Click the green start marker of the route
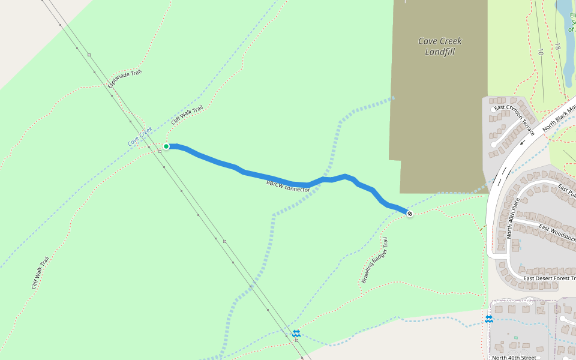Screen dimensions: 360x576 click(x=166, y=146)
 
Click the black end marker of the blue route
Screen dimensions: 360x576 click(x=409, y=213)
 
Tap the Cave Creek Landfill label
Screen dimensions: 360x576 click(x=440, y=47)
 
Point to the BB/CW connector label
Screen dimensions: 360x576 click(x=288, y=185)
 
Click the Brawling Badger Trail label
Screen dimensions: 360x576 click(x=375, y=260)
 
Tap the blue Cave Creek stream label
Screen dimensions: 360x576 click(x=140, y=137)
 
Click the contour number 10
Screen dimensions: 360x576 click(x=540, y=52)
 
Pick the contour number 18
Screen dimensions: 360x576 click(x=557, y=46)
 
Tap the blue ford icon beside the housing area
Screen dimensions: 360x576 click(x=489, y=319)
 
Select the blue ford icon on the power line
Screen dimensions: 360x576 click(x=296, y=333)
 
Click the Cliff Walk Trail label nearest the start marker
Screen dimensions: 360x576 click(x=187, y=115)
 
